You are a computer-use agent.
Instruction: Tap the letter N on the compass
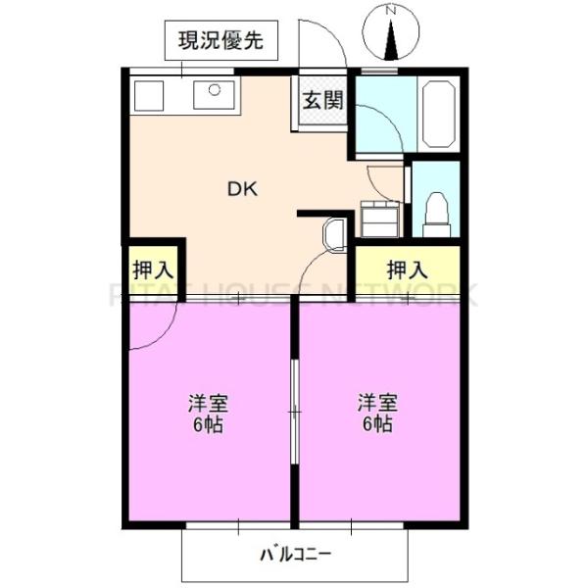390,11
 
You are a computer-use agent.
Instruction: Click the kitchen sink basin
213,95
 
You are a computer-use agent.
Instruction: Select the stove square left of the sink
149,96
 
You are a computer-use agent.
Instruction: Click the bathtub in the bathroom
436,113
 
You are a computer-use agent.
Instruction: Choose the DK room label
243,190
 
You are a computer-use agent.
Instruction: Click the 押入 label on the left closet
152,268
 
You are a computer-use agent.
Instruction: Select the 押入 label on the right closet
406,268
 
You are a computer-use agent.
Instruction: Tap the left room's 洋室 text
208,404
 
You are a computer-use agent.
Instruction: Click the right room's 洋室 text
376,403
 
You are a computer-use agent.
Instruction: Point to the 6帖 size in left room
208,425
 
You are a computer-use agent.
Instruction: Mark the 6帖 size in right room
376,425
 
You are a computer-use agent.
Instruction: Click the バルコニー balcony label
295,554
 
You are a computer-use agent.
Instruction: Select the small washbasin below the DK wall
333,235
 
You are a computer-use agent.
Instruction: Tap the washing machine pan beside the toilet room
380,218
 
